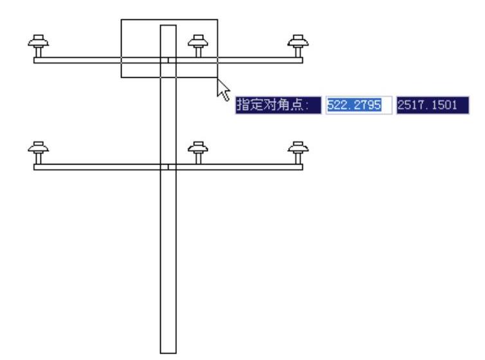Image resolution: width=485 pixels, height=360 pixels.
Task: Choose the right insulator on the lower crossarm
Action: [297, 152]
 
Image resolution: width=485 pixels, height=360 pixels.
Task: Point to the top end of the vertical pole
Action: [168, 26]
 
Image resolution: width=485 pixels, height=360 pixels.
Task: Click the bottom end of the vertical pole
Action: [168, 352]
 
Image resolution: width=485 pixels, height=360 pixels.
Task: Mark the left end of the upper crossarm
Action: [35, 60]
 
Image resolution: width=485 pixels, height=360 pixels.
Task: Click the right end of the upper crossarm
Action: [302, 60]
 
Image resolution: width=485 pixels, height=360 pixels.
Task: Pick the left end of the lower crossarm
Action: [35, 167]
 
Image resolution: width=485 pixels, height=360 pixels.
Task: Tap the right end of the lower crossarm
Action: [302, 167]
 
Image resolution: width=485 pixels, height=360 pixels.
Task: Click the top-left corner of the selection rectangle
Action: [122, 19]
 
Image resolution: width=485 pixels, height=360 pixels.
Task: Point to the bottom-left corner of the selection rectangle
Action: [122, 77]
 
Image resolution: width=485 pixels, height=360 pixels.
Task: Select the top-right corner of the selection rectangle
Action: [217, 19]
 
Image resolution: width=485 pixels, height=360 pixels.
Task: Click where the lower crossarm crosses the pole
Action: [168, 167]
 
